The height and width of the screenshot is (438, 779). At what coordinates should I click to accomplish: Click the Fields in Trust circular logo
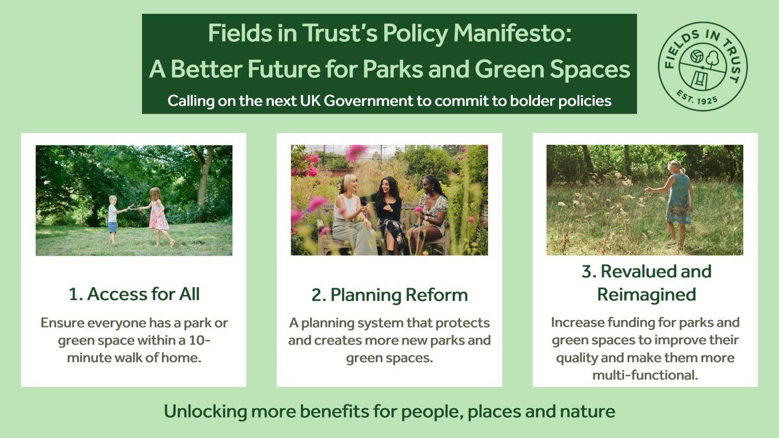703,66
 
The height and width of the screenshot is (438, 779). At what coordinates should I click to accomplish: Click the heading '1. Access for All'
134,294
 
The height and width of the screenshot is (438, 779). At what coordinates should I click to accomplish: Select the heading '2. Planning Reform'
389,294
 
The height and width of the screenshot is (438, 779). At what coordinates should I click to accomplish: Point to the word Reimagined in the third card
646,294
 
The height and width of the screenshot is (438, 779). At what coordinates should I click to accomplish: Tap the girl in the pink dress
159,216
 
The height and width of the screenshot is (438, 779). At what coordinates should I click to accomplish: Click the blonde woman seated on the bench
351,216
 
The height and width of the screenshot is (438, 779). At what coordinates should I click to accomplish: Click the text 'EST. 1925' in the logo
702,98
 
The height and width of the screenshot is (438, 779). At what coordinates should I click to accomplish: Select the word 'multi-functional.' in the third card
645,375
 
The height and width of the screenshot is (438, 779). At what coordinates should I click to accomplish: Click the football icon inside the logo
695,57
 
